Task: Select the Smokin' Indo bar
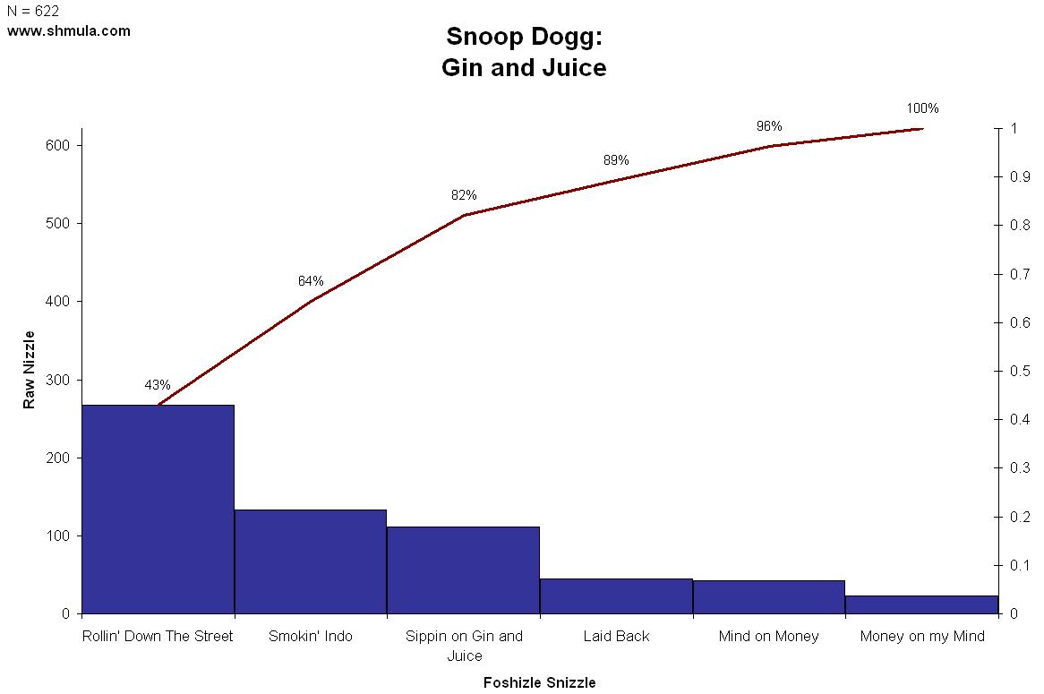click(x=311, y=561)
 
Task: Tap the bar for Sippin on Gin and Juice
click(x=463, y=570)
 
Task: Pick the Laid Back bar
click(x=616, y=596)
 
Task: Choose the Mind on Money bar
click(x=769, y=597)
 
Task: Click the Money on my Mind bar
click(x=921, y=604)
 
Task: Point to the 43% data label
click(x=158, y=385)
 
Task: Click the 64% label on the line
click(x=311, y=281)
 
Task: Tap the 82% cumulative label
click(x=464, y=195)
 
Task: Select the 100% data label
click(x=922, y=108)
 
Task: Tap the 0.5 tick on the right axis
click(x=1020, y=371)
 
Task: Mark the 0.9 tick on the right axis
click(x=1020, y=176)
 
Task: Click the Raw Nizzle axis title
click(x=30, y=370)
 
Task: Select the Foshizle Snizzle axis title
click(x=539, y=682)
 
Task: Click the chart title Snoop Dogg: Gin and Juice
click(x=524, y=52)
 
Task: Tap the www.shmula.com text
click(x=69, y=30)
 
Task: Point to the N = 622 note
click(x=33, y=12)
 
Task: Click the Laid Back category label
click(x=616, y=637)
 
